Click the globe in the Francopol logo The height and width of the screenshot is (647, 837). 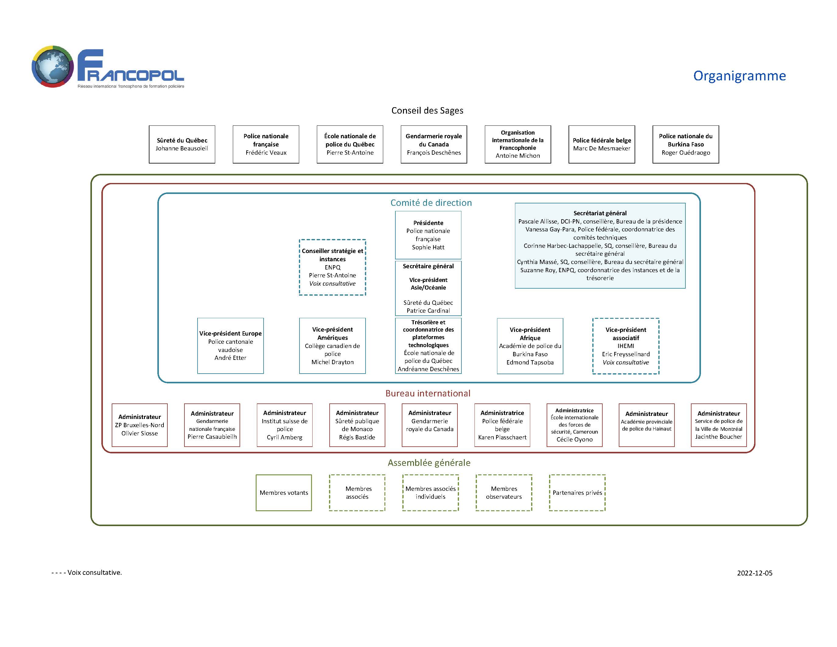(53, 66)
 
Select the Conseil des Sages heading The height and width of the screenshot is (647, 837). (427, 111)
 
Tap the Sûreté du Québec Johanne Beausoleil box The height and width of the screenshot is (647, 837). (182, 145)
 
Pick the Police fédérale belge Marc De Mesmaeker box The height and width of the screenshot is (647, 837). (602, 145)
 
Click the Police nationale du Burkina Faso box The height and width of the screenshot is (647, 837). (686, 145)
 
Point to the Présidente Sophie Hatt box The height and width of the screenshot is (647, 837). (428, 235)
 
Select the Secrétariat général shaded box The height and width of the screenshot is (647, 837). (600, 246)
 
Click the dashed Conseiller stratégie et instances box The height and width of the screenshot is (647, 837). (333, 267)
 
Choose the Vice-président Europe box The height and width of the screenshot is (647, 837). (230, 346)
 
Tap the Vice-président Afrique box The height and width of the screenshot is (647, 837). (530, 346)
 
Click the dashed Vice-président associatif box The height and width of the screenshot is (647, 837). (626, 346)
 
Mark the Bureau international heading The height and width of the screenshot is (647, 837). (428, 393)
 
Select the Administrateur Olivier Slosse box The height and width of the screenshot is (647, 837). (139, 425)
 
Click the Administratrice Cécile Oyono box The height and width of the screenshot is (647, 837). (574, 425)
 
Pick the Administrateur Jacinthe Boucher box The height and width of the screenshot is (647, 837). (719, 425)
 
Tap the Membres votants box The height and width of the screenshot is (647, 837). (284, 493)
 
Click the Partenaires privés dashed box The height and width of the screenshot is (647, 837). (577, 493)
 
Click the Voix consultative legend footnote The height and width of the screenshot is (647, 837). (87, 573)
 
